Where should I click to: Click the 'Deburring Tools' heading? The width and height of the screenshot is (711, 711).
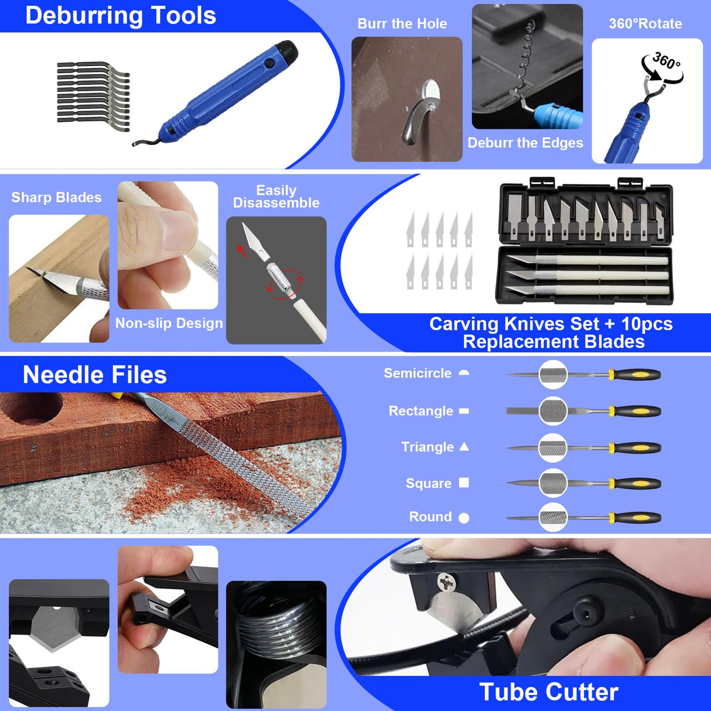click(x=121, y=16)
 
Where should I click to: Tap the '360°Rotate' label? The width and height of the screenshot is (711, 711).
click(x=645, y=24)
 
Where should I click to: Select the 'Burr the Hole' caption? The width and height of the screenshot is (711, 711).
click(x=402, y=24)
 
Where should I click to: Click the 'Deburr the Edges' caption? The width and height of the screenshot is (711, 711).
click(x=525, y=143)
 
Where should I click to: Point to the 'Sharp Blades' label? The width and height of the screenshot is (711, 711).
click(x=56, y=197)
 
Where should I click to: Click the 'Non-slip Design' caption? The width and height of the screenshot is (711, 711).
click(x=169, y=323)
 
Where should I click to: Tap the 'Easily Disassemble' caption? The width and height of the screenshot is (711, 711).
click(x=276, y=197)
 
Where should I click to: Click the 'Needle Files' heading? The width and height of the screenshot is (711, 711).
click(x=94, y=375)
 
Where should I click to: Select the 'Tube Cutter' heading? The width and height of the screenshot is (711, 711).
click(x=548, y=692)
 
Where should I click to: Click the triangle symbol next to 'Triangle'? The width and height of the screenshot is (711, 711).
click(x=464, y=447)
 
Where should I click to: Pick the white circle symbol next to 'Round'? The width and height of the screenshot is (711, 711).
click(x=464, y=518)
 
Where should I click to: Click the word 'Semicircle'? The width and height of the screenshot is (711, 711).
click(x=417, y=373)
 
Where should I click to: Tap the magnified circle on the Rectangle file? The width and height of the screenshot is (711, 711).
click(x=553, y=411)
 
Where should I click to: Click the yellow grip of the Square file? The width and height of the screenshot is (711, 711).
click(x=640, y=484)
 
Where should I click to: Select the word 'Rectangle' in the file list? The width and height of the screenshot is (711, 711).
click(x=421, y=411)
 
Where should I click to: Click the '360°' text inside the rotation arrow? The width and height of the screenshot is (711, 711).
click(x=666, y=61)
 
